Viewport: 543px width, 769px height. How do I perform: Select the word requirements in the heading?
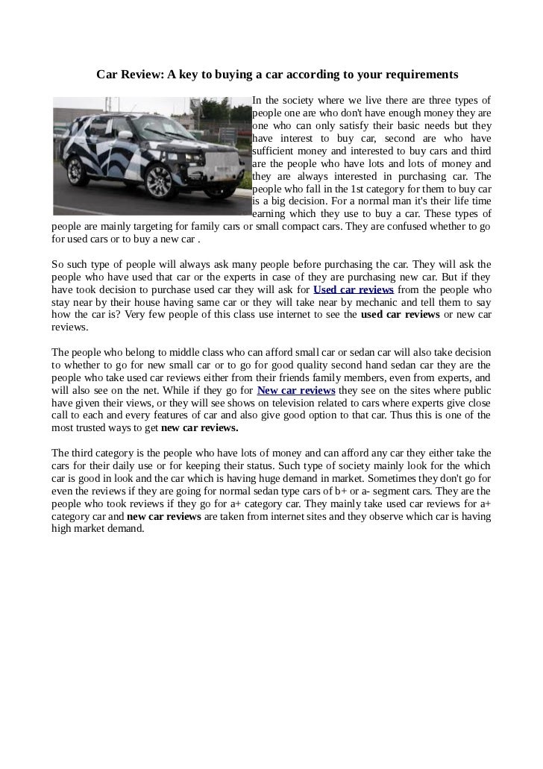click(416, 75)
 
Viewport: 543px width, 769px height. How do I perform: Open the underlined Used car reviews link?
click(354, 289)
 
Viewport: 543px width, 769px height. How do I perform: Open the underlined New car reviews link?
click(295, 391)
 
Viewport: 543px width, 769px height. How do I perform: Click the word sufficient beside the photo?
click(277, 150)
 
